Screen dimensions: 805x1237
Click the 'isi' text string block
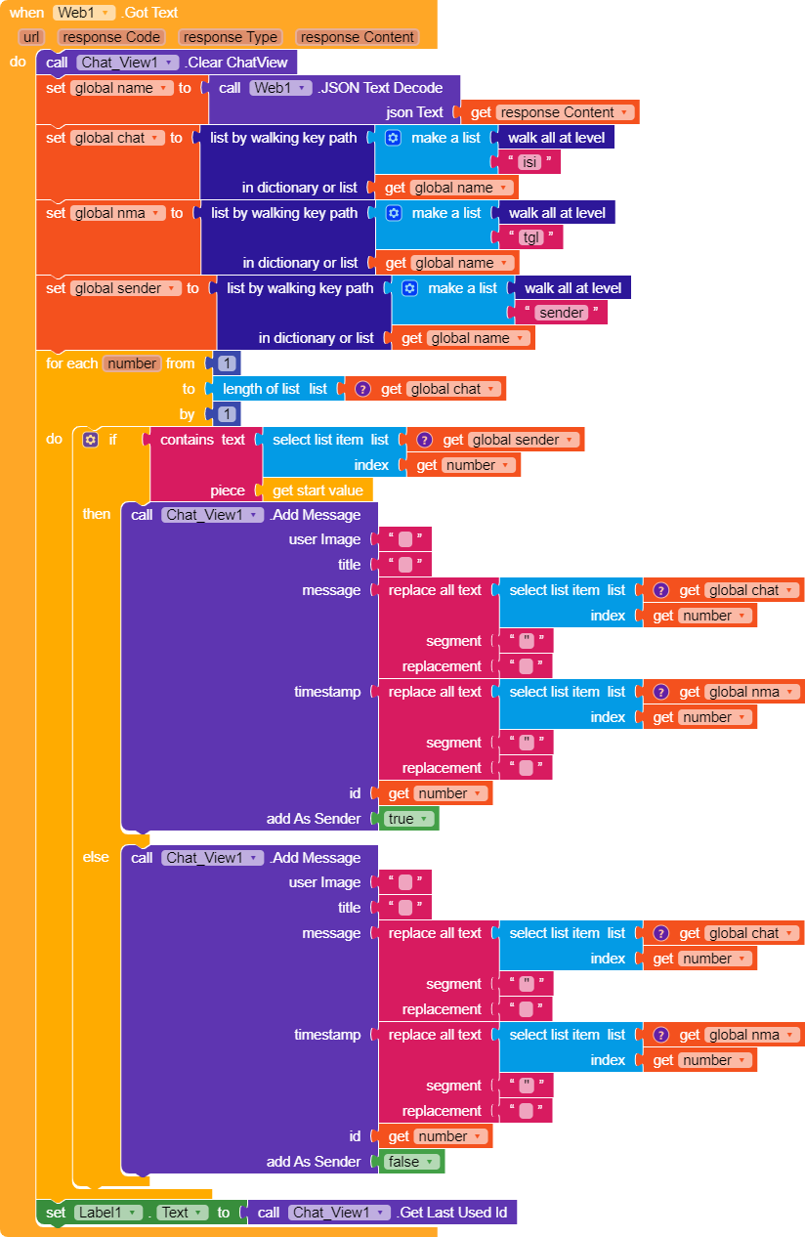(x=529, y=162)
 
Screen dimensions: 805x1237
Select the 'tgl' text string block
(x=530, y=237)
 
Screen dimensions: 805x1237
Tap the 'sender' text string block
(x=561, y=313)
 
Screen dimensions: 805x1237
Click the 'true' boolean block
(x=408, y=819)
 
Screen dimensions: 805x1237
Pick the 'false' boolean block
(x=410, y=1162)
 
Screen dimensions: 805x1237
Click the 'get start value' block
(x=318, y=491)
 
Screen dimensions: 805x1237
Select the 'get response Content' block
(x=550, y=112)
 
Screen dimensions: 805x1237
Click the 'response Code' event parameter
(x=111, y=37)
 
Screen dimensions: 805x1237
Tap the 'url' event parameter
(x=31, y=37)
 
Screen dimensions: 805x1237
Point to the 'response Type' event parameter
(x=231, y=37)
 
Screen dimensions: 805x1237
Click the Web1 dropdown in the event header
(x=84, y=13)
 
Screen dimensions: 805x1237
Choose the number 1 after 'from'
(x=227, y=363)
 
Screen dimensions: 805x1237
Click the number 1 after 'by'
(x=227, y=414)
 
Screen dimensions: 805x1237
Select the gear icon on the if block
(x=91, y=440)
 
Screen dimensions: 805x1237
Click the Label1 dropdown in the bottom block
(x=107, y=1213)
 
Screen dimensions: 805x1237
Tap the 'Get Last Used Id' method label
(x=452, y=1213)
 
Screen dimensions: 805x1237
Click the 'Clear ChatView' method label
(x=236, y=63)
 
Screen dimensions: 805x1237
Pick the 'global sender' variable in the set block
(x=126, y=288)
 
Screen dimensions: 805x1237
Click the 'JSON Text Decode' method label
(x=380, y=88)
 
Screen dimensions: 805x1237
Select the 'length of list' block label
(x=261, y=389)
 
